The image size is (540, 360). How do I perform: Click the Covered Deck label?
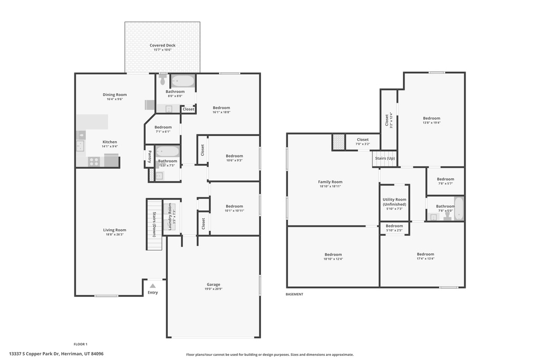(x=162, y=45)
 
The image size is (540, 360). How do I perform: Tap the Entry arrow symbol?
(x=152, y=286)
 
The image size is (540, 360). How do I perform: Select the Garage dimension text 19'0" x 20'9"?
(x=213, y=289)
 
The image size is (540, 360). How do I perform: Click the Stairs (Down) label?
(x=154, y=224)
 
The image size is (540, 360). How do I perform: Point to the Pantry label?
(x=150, y=157)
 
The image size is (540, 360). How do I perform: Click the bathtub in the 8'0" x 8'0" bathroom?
(x=182, y=81)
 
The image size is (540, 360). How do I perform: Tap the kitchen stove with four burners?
(x=94, y=161)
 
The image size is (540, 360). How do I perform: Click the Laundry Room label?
(x=170, y=217)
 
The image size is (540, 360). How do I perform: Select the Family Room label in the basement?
(x=330, y=182)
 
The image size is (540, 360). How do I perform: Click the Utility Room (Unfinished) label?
(x=394, y=202)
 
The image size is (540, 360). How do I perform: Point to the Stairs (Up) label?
(x=384, y=158)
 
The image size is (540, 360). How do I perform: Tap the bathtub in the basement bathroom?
(x=458, y=209)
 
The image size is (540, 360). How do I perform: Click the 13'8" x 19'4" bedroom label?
(x=431, y=119)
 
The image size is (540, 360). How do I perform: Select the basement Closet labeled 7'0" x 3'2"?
(x=362, y=140)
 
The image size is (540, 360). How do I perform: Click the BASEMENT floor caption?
(x=294, y=294)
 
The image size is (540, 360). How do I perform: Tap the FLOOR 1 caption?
(x=80, y=344)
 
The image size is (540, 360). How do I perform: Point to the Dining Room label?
(x=114, y=95)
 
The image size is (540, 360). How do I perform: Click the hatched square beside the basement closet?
(x=338, y=142)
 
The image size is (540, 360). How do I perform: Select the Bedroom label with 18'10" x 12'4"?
(x=333, y=255)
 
